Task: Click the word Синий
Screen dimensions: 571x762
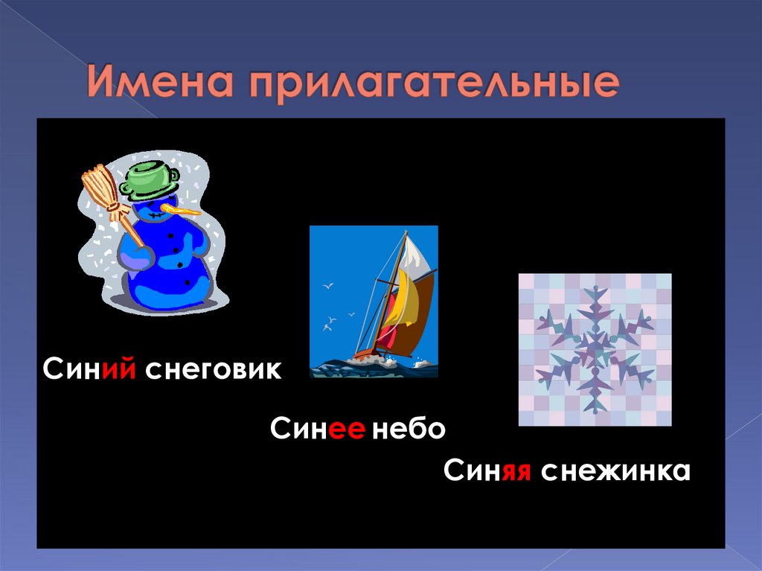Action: pos(89,369)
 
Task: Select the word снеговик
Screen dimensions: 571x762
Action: pos(214,369)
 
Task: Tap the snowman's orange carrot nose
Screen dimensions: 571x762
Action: pos(182,211)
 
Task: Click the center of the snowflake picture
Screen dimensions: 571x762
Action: pos(595,349)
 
